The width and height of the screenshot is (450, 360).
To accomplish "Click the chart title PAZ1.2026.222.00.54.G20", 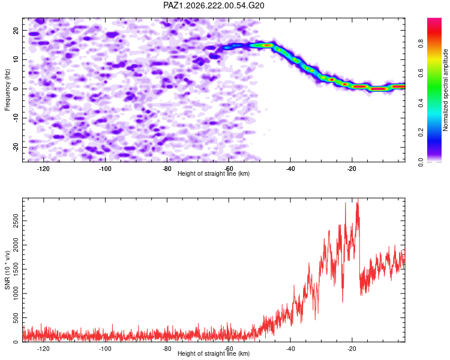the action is (x=214, y=5).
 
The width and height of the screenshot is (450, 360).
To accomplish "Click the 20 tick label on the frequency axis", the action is (x=16, y=30).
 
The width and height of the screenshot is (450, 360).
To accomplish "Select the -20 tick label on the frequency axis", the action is (x=16, y=147).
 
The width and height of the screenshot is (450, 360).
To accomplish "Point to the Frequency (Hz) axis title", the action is (x=7, y=90).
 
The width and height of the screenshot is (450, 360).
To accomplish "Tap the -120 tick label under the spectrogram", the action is (x=43, y=169).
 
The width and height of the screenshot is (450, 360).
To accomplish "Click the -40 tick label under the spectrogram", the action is (x=290, y=169).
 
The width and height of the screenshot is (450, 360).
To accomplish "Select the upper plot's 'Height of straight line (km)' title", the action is (x=214, y=173).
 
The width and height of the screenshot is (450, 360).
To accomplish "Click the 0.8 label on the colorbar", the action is (x=421, y=44).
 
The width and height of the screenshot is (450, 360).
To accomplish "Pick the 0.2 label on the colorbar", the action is (x=421, y=133).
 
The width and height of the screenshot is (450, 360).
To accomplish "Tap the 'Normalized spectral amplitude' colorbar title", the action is (x=445, y=90).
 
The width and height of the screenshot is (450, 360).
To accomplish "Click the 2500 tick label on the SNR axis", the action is (x=16, y=220).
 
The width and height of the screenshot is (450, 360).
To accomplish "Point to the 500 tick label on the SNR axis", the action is (x=16, y=318).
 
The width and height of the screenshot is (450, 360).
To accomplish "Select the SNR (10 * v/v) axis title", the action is (x=7, y=270).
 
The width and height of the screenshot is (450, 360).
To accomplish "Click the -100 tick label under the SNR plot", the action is (x=105, y=349).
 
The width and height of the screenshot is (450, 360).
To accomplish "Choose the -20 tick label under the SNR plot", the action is (x=352, y=349).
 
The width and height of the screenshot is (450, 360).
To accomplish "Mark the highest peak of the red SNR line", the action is (x=358, y=199).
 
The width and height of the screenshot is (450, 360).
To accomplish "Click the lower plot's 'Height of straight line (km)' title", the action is (x=214, y=353).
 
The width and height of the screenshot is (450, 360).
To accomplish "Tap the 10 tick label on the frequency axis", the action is (x=16, y=59).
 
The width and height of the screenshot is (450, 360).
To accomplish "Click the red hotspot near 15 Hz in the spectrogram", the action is (x=268, y=45).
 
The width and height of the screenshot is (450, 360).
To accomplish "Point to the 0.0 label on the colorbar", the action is (x=421, y=162).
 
